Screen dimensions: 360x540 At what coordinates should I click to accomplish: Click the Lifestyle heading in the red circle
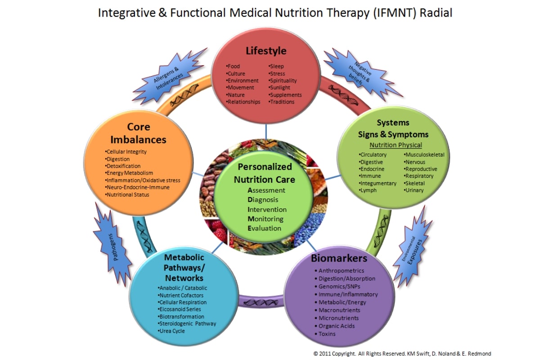coord(265,50)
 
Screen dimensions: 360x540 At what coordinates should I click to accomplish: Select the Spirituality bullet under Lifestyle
coord(283,81)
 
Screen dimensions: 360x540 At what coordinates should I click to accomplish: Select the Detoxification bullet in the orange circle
coord(123,166)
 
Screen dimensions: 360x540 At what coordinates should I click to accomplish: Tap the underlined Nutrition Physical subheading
coord(396,145)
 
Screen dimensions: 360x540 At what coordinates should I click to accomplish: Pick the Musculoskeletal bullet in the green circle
coord(424,155)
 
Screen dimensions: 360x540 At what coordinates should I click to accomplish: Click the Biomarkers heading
coord(339,258)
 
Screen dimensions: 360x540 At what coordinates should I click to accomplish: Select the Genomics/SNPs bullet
coord(339,286)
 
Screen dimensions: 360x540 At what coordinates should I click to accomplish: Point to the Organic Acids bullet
coord(336,326)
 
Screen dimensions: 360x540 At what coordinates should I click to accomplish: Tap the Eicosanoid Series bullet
coord(179,309)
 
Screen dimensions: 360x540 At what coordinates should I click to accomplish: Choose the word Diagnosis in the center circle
coord(263,200)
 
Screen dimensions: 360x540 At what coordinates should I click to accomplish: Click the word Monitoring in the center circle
coord(265,219)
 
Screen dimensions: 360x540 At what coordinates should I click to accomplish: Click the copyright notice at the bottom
coord(402,353)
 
